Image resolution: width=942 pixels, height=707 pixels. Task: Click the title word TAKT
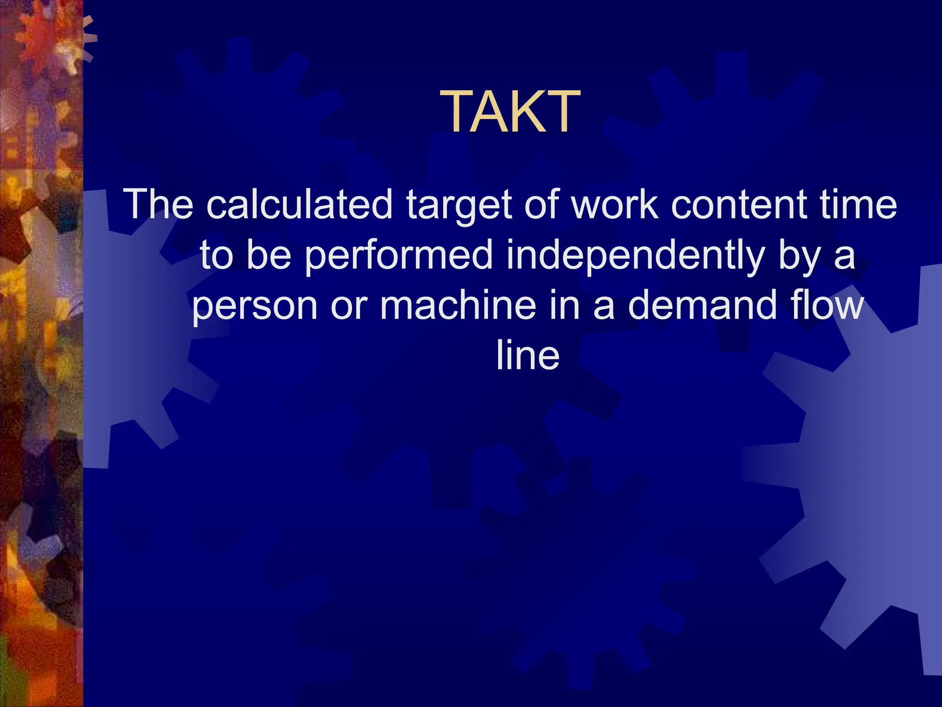pos(510,111)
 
